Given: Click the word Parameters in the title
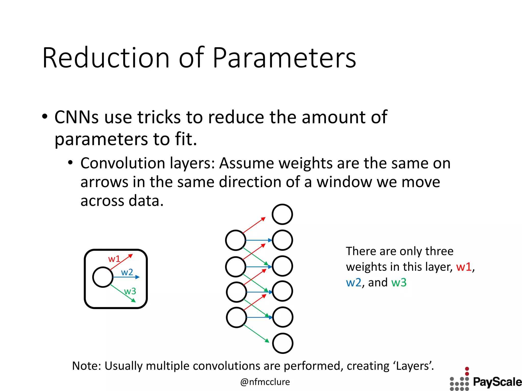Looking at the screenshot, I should point(284,59).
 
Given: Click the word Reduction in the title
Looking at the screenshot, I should point(106,59).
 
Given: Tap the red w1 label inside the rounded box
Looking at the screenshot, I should point(114,259).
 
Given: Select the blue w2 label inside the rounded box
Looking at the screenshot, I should point(127,272).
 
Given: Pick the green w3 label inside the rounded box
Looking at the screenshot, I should point(130,291).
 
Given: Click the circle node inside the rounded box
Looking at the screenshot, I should point(103,277).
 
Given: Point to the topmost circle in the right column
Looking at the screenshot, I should point(282,214).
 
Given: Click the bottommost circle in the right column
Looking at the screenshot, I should point(283,343).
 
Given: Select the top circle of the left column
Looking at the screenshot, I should point(236,240).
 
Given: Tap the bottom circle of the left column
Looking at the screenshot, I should point(237,317).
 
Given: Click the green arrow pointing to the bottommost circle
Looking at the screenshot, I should point(256,333).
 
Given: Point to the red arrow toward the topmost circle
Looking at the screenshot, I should point(254,225).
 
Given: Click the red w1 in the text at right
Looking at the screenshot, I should point(464,267).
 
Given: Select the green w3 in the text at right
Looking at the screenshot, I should point(399,283).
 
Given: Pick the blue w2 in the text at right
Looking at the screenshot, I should point(354,283).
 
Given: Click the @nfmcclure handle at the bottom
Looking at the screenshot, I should point(265,382).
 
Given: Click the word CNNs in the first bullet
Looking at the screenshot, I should point(76,118).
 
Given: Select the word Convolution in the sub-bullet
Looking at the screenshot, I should point(123,163).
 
